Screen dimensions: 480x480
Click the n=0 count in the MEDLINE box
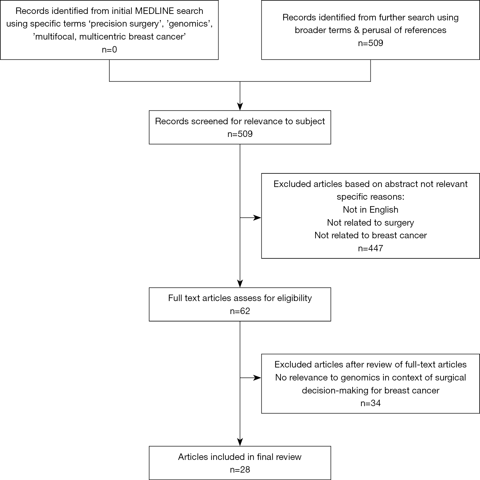(x=109, y=49)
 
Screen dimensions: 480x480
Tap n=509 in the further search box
(x=370, y=43)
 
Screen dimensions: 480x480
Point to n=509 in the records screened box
(x=240, y=134)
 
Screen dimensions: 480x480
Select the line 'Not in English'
(x=370, y=210)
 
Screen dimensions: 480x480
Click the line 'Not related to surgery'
(x=370, y=223)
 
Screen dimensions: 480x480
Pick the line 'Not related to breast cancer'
(x=370, y=235)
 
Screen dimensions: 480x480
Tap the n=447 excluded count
(x=370, y=248)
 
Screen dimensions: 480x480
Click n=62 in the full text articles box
(x=240, y=311)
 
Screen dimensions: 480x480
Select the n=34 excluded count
(x=370, y=403)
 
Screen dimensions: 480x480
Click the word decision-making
(x=336, y=390)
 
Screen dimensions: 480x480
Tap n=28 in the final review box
(x=240, y=469)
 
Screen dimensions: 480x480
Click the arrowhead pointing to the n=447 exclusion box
(x=257, y=218)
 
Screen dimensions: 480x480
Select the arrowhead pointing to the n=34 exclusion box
(x=257, y=377)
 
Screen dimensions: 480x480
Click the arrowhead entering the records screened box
(x=240, y=107)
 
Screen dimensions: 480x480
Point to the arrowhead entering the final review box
(x=240, y=442)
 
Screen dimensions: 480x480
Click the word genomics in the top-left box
(x=189, y=24)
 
